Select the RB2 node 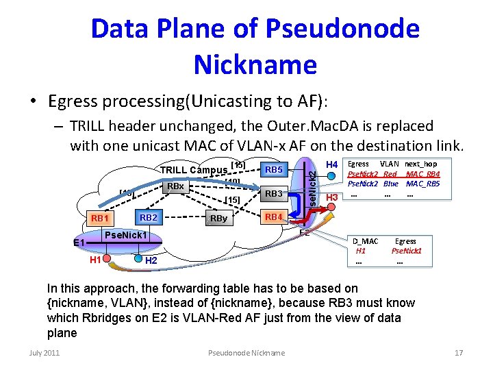[148, 218]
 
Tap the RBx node [177, 186]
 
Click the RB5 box [274, 170]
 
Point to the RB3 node [274, 194]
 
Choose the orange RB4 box [273, 217]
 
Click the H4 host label [332, 164]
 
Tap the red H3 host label [333, 198]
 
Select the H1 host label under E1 [96, 259]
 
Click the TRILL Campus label [193, 170]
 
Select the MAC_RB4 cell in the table [422, 174]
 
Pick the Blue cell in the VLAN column [390, 184]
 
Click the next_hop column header [420, 164]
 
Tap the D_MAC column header [365, 241]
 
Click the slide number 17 [459, 353]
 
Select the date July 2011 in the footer [45, 353]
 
